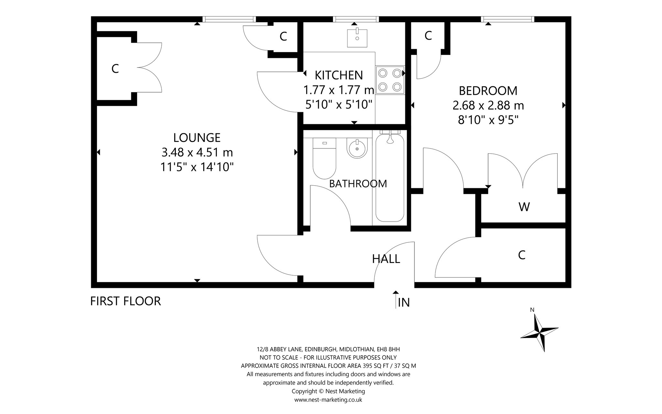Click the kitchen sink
click(357, 38)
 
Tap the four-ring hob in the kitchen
click(390, 80)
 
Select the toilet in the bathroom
click(324, 158)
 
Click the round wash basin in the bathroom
click(357, 149)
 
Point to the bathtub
click(390, 176)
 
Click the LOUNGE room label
click(197, 138)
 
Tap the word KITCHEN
click(339, 75)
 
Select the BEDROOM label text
click(488, 91)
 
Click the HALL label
click(386, 259)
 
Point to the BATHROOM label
click(358, 184)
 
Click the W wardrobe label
click(524, 207)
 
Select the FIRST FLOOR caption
click(125, 301)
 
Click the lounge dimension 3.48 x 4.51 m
click(197, 152)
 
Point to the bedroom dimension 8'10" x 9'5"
click(488, 120)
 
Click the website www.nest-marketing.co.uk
click(328, 400)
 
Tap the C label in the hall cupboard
click(521, 255)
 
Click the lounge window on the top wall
click(229, 19)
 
